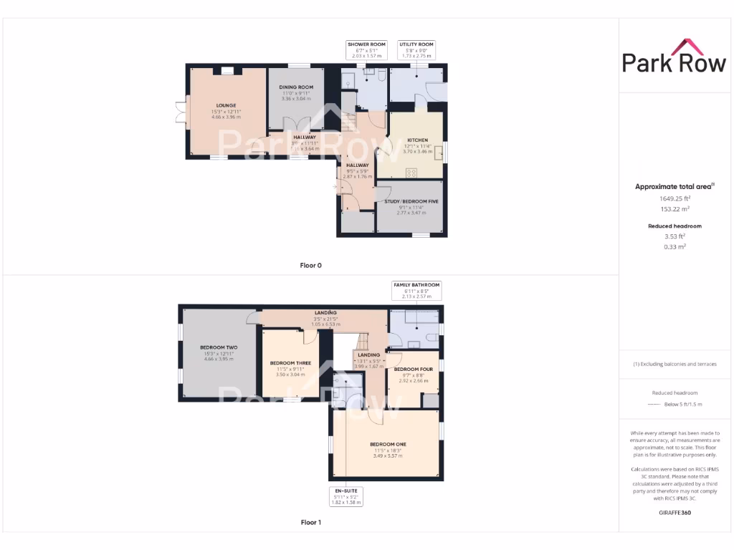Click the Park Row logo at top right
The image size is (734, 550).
pos(674,57)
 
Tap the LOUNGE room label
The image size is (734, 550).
pos(226,105)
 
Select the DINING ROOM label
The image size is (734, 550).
pos(296,87)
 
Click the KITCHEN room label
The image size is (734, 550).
pos(417,140)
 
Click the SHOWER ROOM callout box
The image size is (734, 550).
pos(366,49)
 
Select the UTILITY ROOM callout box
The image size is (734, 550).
pos(416,49)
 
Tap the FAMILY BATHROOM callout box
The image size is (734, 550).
pos(416,290)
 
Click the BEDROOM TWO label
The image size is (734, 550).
pos(220,347)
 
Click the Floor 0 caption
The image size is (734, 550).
pos(310,265)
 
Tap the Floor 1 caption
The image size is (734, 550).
pos(310,523)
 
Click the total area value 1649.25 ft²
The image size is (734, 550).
pos(675,198)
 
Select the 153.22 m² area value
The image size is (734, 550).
pos(675,209)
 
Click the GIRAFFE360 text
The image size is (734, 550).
pos(674,513)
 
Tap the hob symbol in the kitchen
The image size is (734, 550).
pos(412,172)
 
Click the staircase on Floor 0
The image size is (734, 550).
pos(349,122)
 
